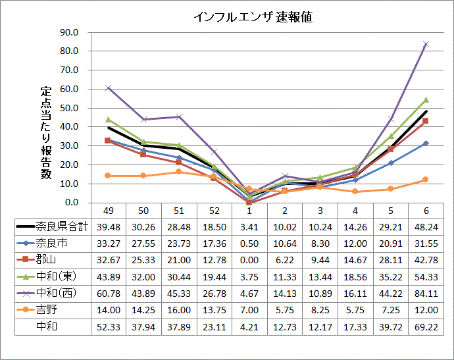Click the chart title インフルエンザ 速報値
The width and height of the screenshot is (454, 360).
pyautogui.click(x=253, y=17)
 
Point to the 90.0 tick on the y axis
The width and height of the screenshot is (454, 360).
pyautogui.click(x=69, y=32)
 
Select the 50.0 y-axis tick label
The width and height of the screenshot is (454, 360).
pyautogui.click(x=69, y=108)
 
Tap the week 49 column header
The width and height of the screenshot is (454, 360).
pyautogui.click(x=109, y=210)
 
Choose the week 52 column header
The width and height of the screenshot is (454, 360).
pyautogui.click(x=214, y=210)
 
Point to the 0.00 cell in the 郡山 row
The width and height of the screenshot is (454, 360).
pyautogui.click(x=249, y=259)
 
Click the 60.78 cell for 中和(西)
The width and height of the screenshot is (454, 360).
pyautogui.click(x=109, y=292)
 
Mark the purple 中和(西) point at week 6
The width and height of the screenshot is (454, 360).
pyautogui.click(x=426, y=44)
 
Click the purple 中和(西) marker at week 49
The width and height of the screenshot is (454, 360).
pyautogui.click(x=109, y=88)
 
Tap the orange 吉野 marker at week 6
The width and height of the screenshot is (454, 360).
pyautogui.click(x=426, y=180)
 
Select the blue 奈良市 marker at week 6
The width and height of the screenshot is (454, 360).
pyautogui.click(x=426, y=143)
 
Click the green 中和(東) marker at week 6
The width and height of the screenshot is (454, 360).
pyautogui.click(x=426, y=100)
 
